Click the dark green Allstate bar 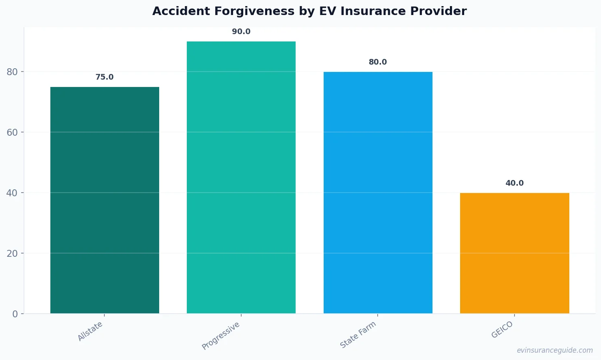coord(105,200)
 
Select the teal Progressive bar coord(241,177)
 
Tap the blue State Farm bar coord(378,193)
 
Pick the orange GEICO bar coord(515,253)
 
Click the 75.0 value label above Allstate coord(104,77)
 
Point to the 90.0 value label coord(241,32)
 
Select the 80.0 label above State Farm coord(378,62)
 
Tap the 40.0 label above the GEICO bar coord(515,183)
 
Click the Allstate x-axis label coord(90,331)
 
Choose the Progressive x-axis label coord(221,336)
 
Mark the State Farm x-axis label coord(358,335)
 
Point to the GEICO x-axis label coord(502,330)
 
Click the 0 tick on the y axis coord(15,314)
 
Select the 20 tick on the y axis coord(12,254)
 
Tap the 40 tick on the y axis coord(12,193)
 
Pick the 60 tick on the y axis coord(12,132)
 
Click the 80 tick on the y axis coord(12,72)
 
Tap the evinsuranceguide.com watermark coord(555,350)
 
